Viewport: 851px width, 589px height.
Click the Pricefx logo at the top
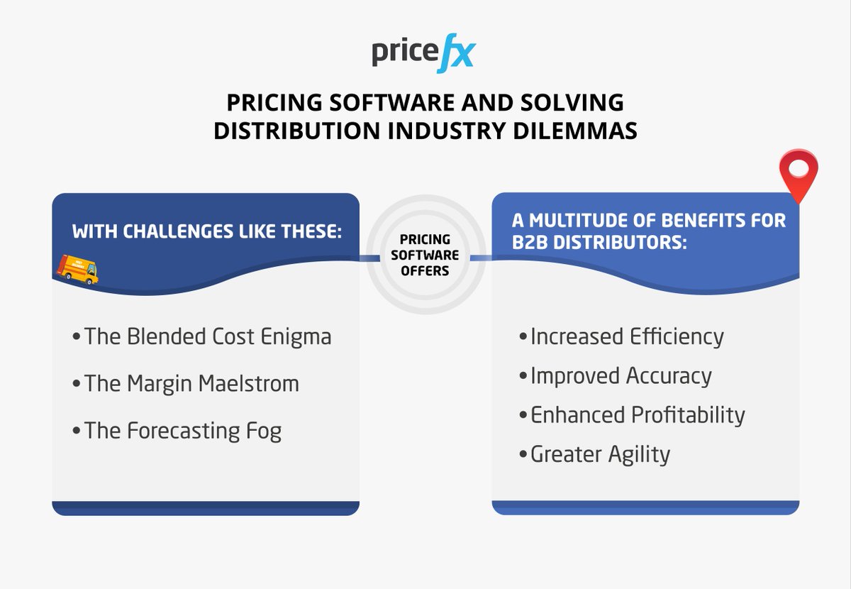pos(423,55)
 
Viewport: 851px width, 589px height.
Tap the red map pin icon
pos(799,173)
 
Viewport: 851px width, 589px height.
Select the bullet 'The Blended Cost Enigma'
pos(202,336)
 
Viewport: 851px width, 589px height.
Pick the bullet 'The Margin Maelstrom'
pos(186,384)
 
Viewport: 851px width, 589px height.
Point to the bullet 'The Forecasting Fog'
pos(177,431)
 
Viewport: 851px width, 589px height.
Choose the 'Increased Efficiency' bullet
pos(621,336)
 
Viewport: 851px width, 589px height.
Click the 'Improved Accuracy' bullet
pos(615,375)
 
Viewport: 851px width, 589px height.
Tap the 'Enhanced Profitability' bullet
pos(632,414)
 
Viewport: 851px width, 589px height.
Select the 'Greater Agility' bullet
pos(594,453)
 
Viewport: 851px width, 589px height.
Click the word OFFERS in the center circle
pos(425,270)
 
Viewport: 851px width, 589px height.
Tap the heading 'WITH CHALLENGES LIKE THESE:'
pos(206,231)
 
